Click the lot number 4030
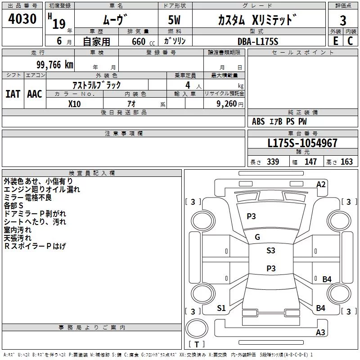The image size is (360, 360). tap(22, 19)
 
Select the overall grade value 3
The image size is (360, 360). tap(343, 21)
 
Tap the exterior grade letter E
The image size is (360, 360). tap(336, 41)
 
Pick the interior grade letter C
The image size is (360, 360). tap(350, 41)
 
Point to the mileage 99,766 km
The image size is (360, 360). tap(55, 65)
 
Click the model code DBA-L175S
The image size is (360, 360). tap(258, 41)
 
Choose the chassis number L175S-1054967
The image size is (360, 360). tap(302, 143)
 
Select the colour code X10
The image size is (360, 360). tap(74, 104)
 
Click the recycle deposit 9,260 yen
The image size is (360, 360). tap(230, 104)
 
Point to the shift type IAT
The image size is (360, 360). tap(13, 94)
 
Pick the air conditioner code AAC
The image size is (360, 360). tap(35, 94)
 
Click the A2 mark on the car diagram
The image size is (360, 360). tap(321, 184)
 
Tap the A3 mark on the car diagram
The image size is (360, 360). tap(320, 332)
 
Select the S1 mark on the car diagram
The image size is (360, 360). tap(221, 308)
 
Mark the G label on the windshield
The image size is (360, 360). tap(257, 237)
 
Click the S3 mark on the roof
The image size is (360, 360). tap(271, 251)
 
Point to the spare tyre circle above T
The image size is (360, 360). tap(197, 328)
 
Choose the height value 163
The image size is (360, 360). tap(346, 162)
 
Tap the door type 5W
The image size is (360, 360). tap(174, 20)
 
